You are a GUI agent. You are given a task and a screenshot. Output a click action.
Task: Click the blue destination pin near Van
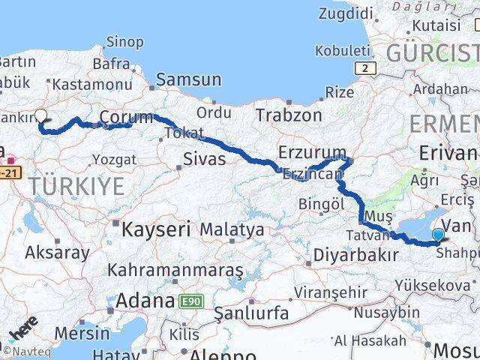pyautogui.click(x=438, y=235)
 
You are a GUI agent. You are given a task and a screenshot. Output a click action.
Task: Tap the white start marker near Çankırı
pyautogui.click(x=41, y=117)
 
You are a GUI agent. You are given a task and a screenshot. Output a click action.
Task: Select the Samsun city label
pyautogui.click(x=188, y=79)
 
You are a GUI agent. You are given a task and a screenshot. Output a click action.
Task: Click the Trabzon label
pyautogui.click(x=289, y=115)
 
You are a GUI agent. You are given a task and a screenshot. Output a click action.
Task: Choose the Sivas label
pyautogui.click(x=205, y=159)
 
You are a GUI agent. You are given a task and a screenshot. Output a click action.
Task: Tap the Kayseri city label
pyautogui.click(x=157, y=229)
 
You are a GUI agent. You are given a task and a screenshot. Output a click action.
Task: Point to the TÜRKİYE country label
pyautogui.click(x=78, y=187)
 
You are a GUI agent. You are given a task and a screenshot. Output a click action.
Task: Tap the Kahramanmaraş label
pyautogui.click(x=175, y=269)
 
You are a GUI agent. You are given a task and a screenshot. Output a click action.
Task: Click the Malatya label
pyautogui.click(x=232, y=229)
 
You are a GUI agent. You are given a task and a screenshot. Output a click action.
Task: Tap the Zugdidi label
pyautogui.click(x=346, y=13)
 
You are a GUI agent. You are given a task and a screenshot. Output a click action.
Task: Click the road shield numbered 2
pyautogui.click(x=365, y=68)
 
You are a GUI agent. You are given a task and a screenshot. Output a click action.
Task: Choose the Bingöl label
pyautogui.click(x=320, y=203)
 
